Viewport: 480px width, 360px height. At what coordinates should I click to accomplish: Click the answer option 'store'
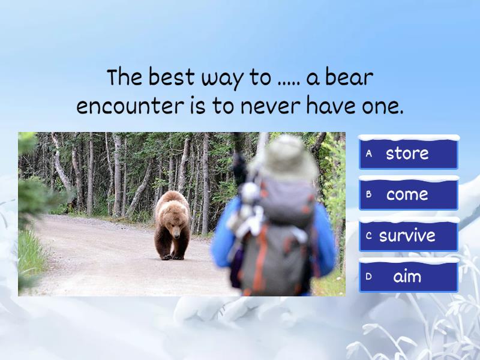click(408, 154)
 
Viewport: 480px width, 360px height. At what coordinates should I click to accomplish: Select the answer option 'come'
click(408, 194)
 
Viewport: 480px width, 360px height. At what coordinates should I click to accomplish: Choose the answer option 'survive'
click(408, 236)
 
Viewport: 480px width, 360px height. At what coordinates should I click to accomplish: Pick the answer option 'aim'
click(408, 277)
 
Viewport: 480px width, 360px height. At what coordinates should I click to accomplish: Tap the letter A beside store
click(369, 154)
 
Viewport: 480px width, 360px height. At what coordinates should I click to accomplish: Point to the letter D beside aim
click(369, 277)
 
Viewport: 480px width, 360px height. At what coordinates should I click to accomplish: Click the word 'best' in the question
click(172, 78)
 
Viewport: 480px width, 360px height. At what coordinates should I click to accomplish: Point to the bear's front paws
click(171, 256)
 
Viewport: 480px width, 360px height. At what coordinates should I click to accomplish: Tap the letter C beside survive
click(369, 236)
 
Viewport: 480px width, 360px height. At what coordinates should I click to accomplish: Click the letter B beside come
click(369, 194)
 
